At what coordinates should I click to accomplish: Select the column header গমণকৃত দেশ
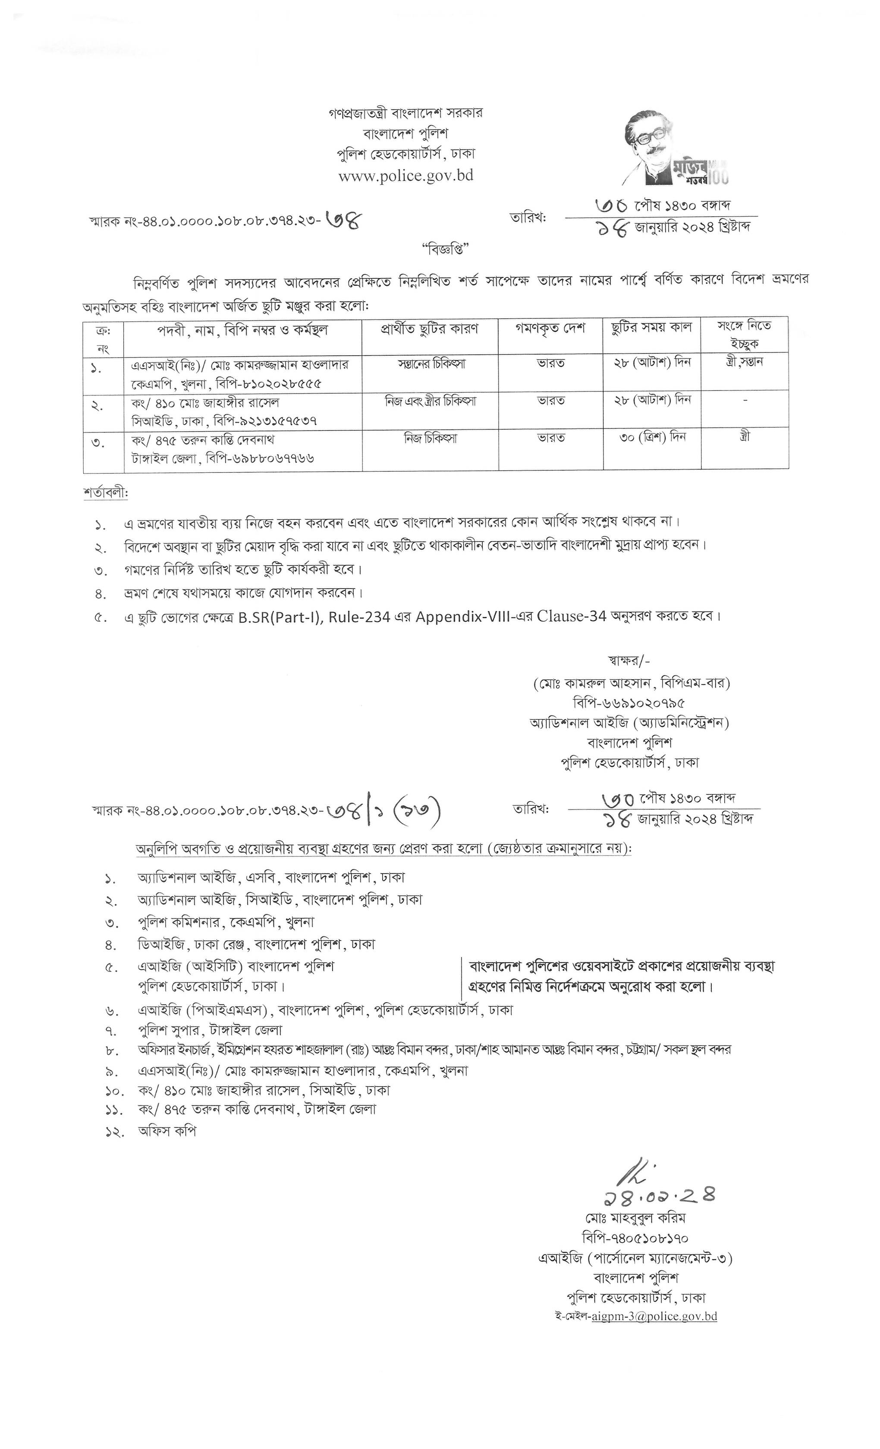pos(550,328)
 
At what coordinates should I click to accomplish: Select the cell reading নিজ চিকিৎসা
pos(431,439)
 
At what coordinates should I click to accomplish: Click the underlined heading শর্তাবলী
pos(106,493)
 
